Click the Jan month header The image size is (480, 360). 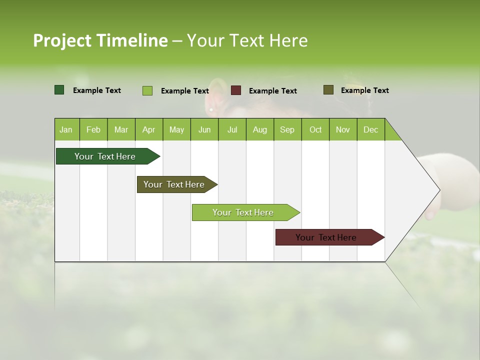[66, 129]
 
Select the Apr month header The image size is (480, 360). [148, 129]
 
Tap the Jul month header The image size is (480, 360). [232, 129]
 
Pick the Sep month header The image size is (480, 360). [287, 129]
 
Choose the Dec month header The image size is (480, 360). [370, 129]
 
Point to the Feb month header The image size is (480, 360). [93, 129]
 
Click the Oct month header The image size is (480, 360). [315, 129]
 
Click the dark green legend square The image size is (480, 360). [59, 90]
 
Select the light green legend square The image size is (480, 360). [147, 90]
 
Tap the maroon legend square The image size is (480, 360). [236, 90]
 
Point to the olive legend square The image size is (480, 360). [328, 90]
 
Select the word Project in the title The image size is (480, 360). [62, 40]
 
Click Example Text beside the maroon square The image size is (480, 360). [272, 91]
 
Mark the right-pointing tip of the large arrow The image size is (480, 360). [438, 190]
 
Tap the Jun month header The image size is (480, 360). [204, 129]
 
